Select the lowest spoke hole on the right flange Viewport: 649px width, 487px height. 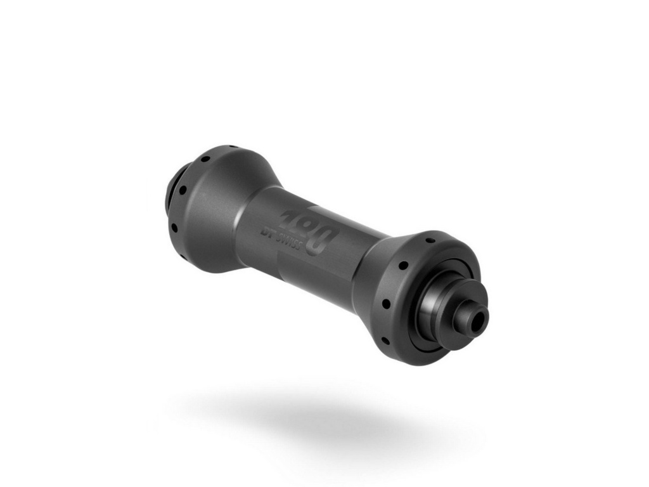pyautogui.click(x=385, y=341)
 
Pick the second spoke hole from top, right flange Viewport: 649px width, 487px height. pyautogui.click(x=402, y=265)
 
